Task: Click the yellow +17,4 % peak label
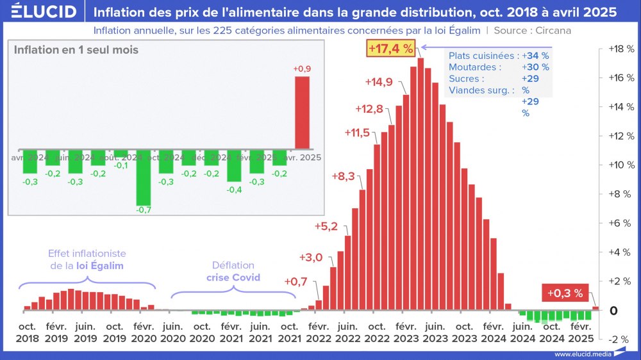coord(390,48)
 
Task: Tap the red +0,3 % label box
coord(565,293)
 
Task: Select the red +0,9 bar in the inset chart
coord(302,112)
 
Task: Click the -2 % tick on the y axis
coord(619,340)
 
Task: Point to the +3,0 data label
coord(311,258)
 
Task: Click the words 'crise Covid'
coord(233,278)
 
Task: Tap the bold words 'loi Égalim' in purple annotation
coord(100,265)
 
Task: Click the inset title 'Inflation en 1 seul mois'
coord(76,50)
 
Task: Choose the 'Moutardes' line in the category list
coord(475,67)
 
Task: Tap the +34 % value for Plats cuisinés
coord(535,56)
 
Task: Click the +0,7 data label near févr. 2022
coord(296,282)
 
